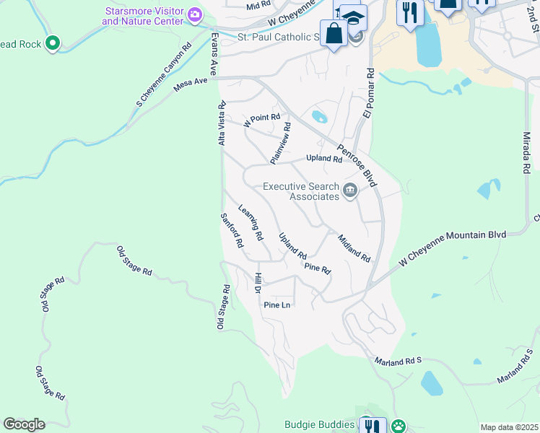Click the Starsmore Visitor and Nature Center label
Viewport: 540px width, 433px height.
click(144, 17)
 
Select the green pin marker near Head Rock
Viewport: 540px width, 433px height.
click(52, 44)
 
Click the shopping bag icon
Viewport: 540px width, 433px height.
click(334, 33)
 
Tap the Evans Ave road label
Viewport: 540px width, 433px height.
click(214, 53)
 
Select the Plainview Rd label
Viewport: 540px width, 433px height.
click(280, 141)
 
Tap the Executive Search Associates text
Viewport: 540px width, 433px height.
click(300, 191)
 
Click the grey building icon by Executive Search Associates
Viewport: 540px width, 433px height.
click(350, 191)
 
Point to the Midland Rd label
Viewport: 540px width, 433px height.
click(353, 248)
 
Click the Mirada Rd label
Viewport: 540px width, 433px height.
click(526, 152)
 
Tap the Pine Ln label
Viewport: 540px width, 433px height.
click(276, 305)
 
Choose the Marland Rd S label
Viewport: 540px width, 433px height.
click(398, 360)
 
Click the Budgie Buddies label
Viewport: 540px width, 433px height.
click(319, 424)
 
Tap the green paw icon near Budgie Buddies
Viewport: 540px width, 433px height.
click(398, 426)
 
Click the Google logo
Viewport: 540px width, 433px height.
click(24, 424)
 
